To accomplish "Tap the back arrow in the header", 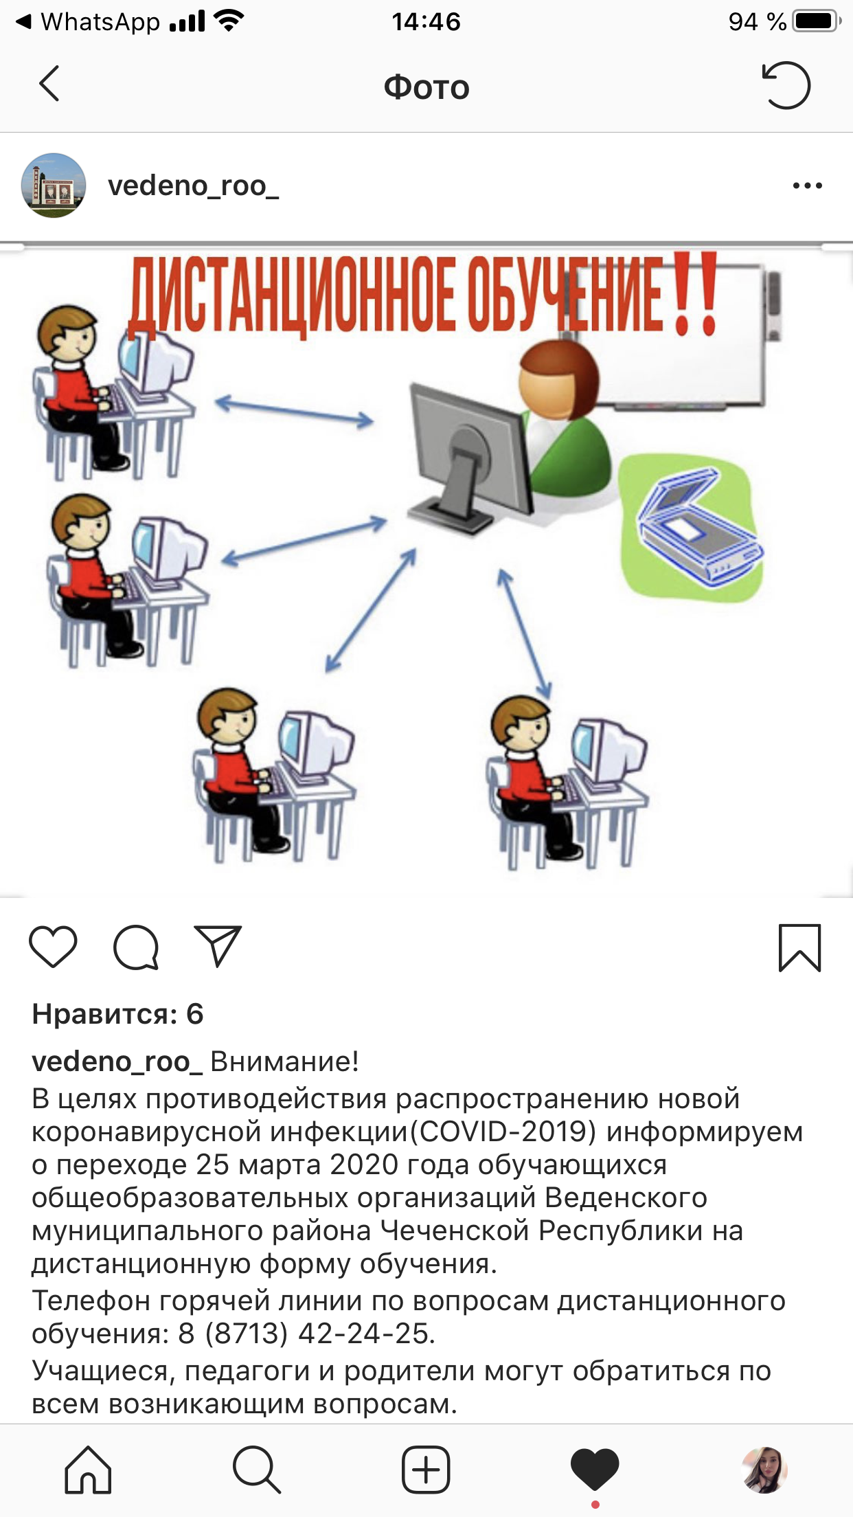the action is point(49,84).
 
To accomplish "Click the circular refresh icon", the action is point(786,85).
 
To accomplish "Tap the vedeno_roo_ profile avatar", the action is point(54,186).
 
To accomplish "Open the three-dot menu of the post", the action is point(807,186).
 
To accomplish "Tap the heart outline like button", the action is point(53,947).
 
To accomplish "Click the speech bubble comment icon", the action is point(136,947).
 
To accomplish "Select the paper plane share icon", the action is point(218,946).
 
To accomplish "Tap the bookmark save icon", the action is point(799,948).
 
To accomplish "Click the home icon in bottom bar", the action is point(88,1470).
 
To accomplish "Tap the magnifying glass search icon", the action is point(256,1470).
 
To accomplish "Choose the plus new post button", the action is point(426,1470).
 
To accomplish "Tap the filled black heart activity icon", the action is point(595,1470).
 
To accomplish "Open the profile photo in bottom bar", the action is point(764,1470).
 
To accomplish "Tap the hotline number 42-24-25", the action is point(363,1334).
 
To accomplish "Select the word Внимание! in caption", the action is point(284,1061).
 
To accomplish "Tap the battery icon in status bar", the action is point(817,21).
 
